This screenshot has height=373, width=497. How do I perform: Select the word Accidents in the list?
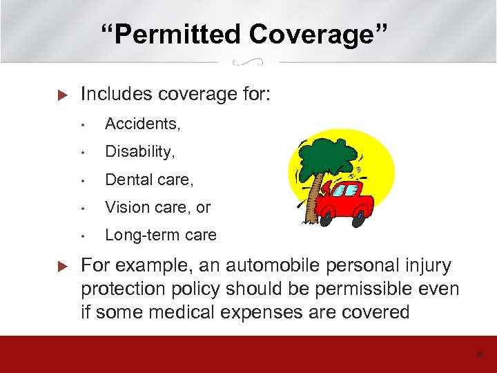(x=142, y=124)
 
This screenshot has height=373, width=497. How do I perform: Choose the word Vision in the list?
(x=125, y=207)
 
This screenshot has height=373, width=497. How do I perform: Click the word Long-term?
(x=137, y=235)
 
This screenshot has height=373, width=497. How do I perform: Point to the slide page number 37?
(x=480, y=355)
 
